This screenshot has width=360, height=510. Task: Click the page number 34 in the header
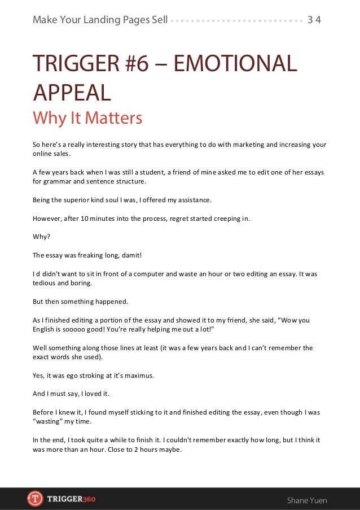314,20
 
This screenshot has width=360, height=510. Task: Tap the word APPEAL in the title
72,92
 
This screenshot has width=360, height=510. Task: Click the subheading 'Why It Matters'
87,119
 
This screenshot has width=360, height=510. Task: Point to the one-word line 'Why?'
41,237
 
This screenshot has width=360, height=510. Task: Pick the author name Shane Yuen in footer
307,500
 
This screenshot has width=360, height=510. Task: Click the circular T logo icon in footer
35,499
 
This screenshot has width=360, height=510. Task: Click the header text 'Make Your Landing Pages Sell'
100,20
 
